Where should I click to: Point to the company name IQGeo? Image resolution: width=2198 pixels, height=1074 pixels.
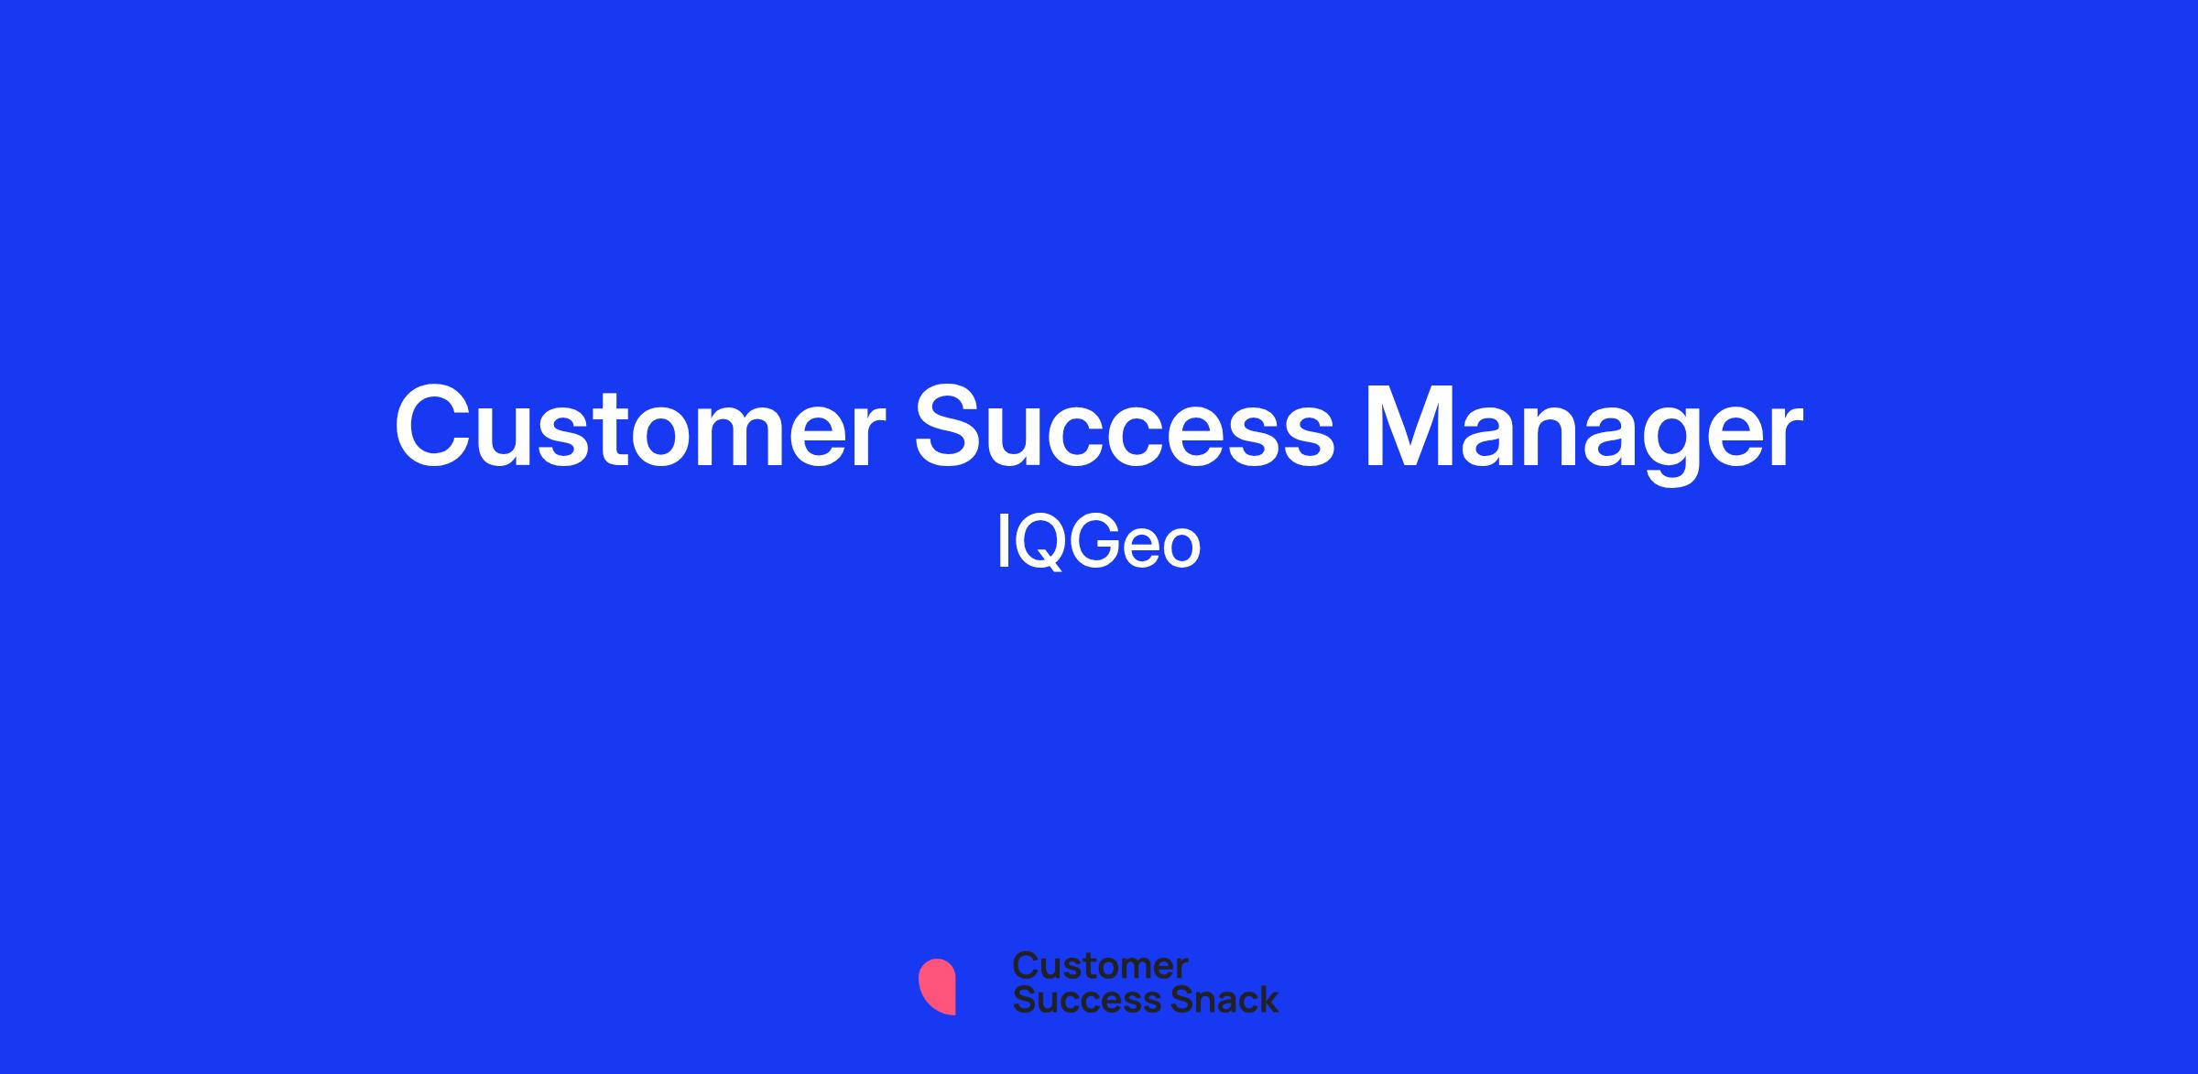click(1098, 543)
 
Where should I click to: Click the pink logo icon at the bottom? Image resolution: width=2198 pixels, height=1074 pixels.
click(937, 986)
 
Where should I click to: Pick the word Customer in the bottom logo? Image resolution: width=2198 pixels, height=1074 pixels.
click(1100, 966)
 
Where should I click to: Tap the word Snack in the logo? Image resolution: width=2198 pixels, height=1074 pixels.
click(1212, 1000)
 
